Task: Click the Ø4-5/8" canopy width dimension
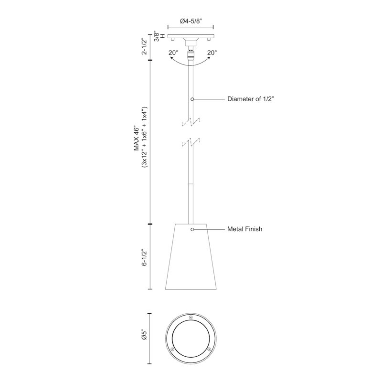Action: click(x=191, y=21)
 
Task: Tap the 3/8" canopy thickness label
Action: click(x=157, y=36)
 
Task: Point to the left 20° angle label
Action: click(x=173, y=53)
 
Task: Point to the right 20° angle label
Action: click(x=212, y=53)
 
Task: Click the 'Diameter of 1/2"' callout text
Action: click(x=251, y=99)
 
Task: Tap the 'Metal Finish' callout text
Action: click(x=244, y=229)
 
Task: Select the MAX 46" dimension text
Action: click(x=137, y=139)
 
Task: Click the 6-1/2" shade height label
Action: click(x=145, y=257)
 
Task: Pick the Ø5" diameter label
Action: click(x=145, y=335)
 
